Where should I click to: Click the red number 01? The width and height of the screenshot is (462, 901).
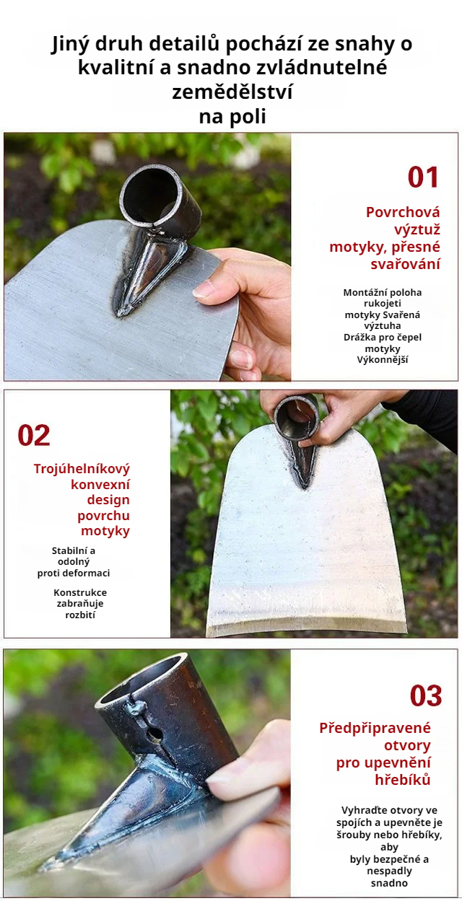point(423,177)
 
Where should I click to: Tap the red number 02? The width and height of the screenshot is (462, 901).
point(34,435)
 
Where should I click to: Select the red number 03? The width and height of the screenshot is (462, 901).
point(426,695)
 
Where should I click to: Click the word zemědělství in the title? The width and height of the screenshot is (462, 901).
point(232,92)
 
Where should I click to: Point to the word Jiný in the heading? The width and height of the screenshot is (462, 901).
point(71,44)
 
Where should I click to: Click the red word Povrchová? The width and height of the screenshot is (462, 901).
point(403,212)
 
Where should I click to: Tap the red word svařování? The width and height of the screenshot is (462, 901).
point(405,264)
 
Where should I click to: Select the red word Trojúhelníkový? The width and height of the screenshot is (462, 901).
point(82,469)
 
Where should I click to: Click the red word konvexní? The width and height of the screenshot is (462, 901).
point(100,484)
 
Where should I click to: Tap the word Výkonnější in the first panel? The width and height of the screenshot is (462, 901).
point(383,359)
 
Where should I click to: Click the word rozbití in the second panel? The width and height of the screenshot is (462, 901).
point(80,615)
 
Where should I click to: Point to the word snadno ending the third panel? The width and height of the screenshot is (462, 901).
point(389,883)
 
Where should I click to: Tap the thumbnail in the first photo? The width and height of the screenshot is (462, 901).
point(204,289)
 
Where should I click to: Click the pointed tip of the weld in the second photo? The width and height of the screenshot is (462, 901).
point(304,486)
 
